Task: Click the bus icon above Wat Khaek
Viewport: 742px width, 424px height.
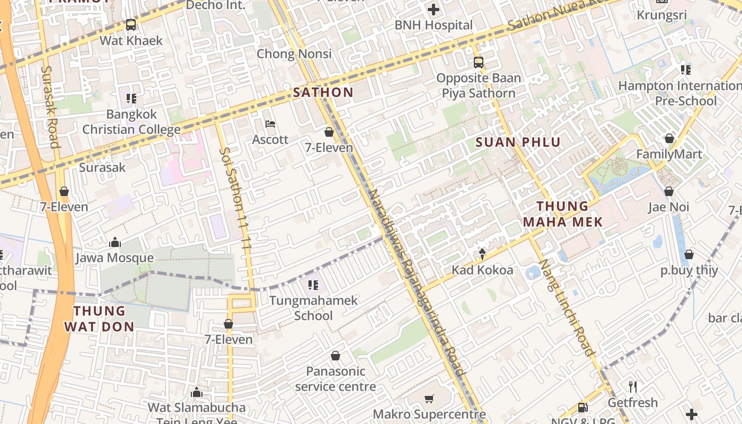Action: coord(131,24)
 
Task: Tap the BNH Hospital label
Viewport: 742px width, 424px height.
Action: coord(434,25)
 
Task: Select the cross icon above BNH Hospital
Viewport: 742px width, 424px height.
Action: coord(434,10)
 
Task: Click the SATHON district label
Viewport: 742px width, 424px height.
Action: coord(323,92)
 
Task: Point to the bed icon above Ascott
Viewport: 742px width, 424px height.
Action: coord(270,125)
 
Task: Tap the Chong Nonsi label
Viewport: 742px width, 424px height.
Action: coord(294,54)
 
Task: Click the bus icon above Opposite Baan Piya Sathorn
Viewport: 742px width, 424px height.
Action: coord(479,63)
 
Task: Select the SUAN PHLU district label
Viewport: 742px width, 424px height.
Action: coord(518,142)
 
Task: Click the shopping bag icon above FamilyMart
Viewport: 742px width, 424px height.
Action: coord(669,139)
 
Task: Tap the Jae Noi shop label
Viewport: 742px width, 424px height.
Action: coord(669,207)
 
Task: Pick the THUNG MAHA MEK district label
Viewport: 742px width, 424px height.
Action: coord(563,214)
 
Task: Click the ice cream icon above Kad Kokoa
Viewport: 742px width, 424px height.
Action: coord(482,254)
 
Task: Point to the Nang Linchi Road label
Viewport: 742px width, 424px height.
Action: coord(566,307)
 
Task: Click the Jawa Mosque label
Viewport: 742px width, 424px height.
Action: coord(114,258)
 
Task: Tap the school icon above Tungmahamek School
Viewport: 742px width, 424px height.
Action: coord(313,285)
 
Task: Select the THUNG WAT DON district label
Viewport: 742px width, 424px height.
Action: coord(100,319)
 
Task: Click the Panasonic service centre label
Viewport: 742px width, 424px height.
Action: coord(335,378)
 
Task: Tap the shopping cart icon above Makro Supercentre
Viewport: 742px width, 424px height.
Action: coord(429,399)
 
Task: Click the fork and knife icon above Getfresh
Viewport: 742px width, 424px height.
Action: coord(632,386)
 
